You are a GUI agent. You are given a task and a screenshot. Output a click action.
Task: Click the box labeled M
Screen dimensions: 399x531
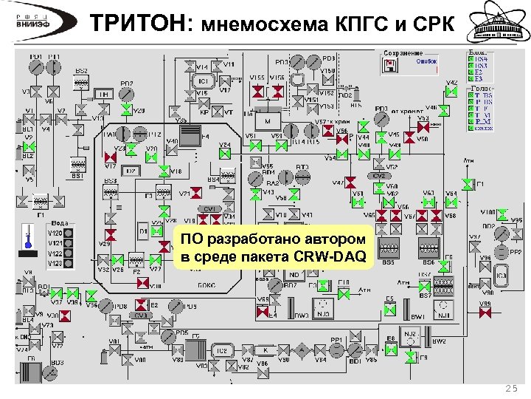[268, 120]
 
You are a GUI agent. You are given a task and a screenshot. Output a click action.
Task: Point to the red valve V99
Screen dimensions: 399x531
[485, 313]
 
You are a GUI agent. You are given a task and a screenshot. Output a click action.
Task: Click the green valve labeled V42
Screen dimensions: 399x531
[451, 92]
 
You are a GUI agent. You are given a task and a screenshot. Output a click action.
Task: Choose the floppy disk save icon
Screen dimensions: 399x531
[389, 66]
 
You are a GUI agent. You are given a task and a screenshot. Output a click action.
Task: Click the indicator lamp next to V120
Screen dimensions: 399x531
[69, 233]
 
